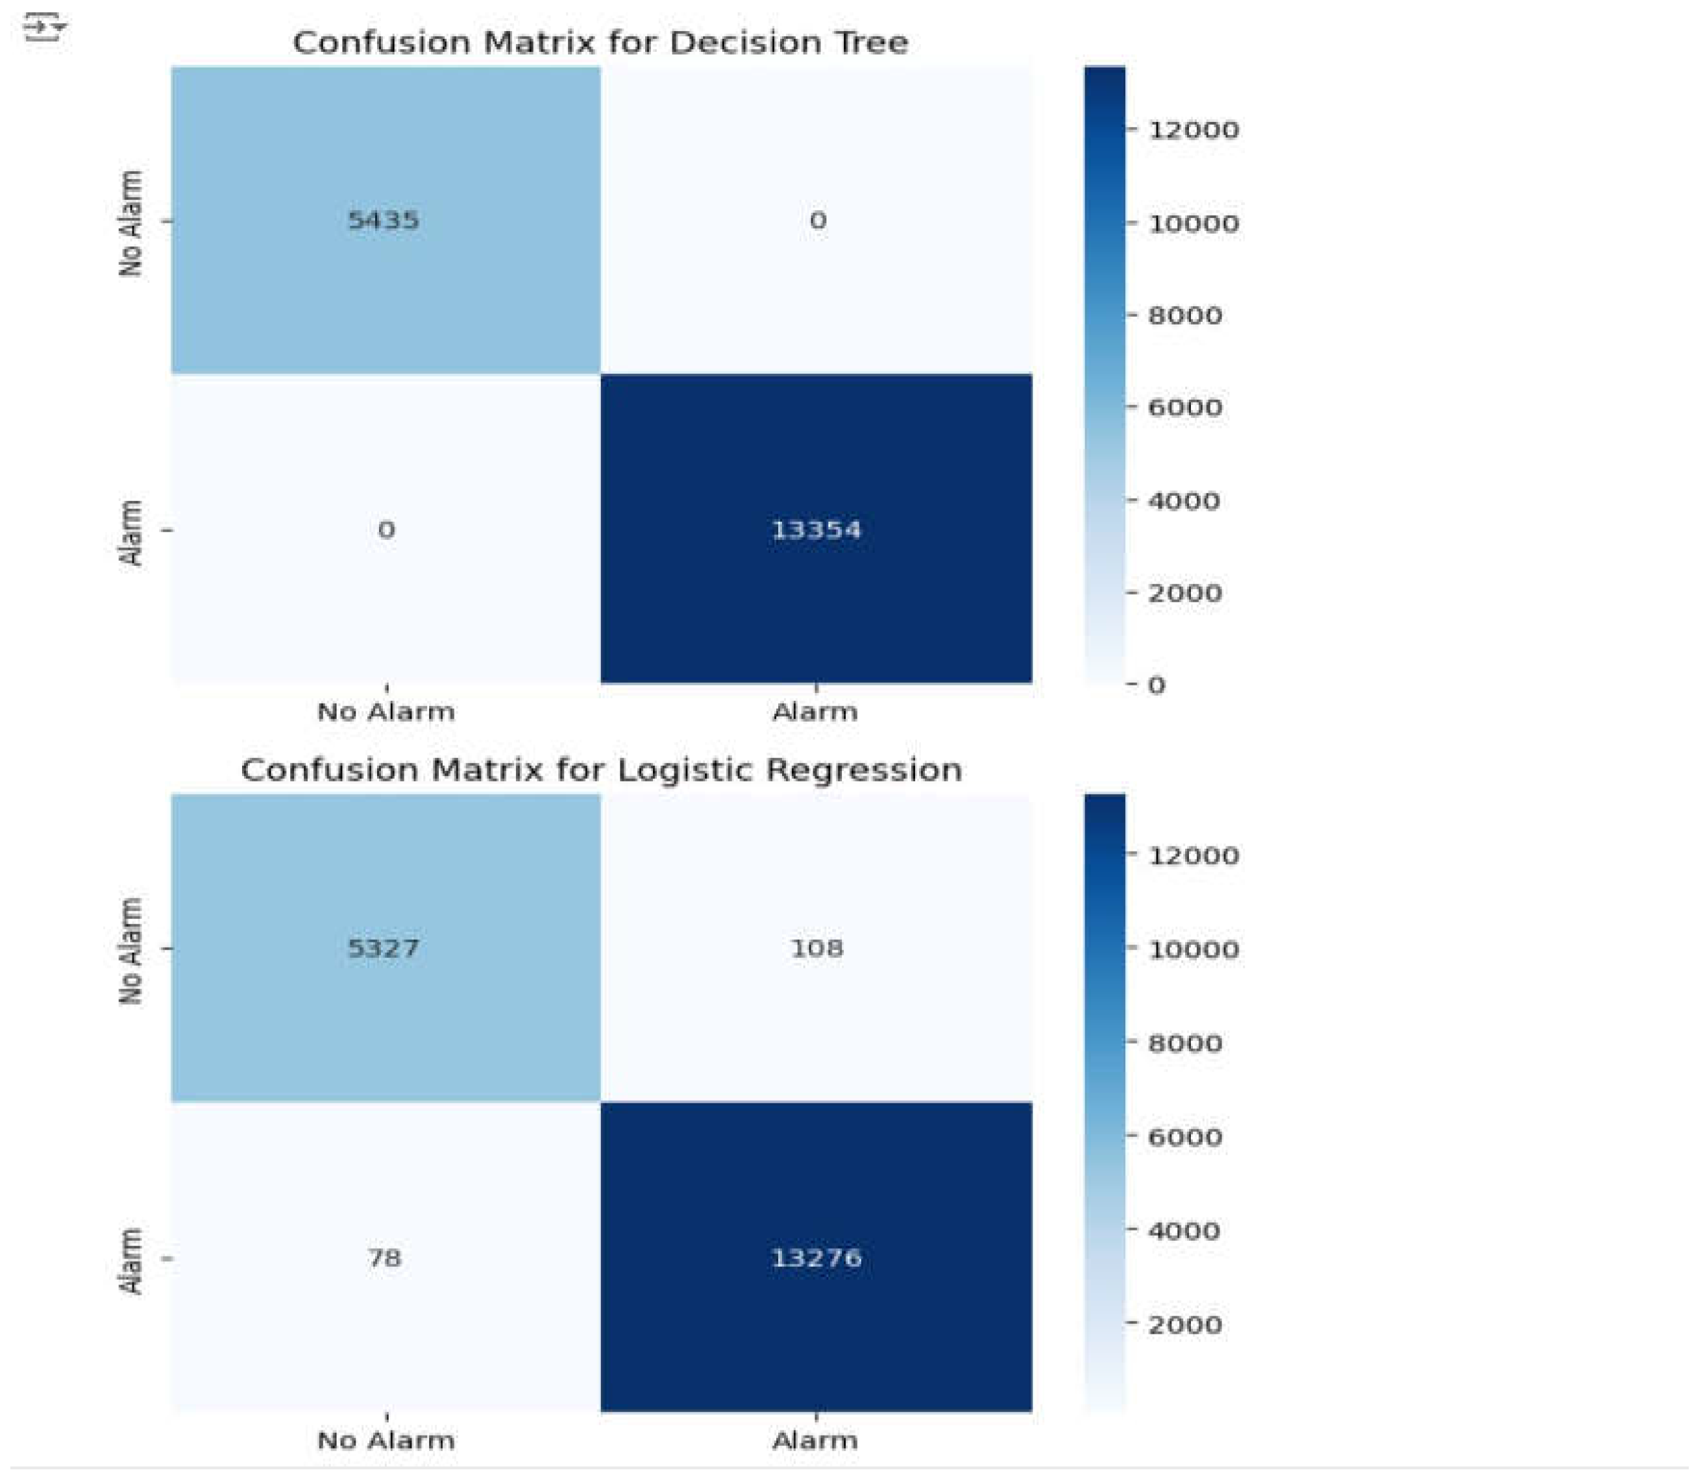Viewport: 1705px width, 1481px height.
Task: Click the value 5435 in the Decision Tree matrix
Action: tap(383, 220)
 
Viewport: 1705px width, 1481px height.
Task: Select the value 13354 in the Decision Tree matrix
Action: tap(816, 530)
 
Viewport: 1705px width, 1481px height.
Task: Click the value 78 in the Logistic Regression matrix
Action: tap(385, 1258)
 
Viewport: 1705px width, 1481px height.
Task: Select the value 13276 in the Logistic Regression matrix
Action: tap(816, 1258)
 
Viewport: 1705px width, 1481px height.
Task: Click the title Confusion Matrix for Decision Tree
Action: tap(600, 42)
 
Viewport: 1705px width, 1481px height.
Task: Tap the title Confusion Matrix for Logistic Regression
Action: tap(601, 770)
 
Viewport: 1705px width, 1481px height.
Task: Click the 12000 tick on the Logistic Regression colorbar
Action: tap(1192, 855)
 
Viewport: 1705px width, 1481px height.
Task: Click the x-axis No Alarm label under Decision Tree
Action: tap(386, 711)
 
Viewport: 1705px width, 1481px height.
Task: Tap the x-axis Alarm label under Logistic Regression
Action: tap(815, 1441)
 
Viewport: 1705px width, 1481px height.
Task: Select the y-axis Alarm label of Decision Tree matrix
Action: tap(131, 532)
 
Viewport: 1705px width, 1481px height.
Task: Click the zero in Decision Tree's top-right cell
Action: tap(817, 221)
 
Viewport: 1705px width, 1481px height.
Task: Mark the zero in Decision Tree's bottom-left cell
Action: tap(386, 530)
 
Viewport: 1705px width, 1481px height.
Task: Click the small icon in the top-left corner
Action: tap(43, 29)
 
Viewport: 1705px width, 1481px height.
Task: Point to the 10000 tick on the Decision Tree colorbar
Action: tap(1192, 223)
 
